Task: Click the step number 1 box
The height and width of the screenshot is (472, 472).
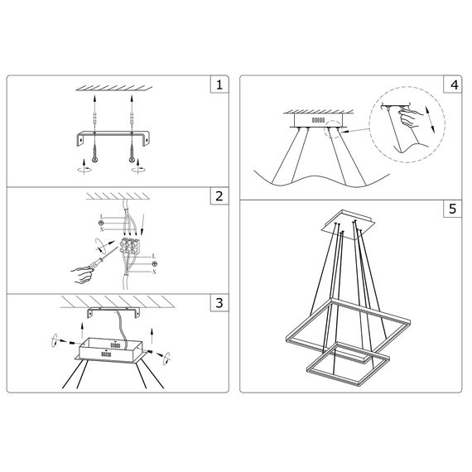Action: click(x=219, y=84)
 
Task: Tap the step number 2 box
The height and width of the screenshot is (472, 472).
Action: click(x=219, y=196)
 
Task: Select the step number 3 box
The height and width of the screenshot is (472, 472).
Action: click(x=219, y=302)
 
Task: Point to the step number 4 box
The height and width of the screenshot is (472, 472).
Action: click(x=452, y=84)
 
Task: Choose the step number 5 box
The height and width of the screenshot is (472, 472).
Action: click(x=452, y=209)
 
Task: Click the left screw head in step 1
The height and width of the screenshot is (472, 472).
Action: click(x=95, y=160)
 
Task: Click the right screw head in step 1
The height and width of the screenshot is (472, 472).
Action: click(x=132, y=160)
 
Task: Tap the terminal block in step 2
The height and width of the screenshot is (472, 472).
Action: click(x=129, y=246)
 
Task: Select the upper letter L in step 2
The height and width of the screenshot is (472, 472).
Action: click(x=102, y=217)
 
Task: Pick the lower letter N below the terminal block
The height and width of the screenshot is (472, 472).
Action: click(x=154, y=272)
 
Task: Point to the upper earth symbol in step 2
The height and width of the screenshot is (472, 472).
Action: click(x=102, y=223)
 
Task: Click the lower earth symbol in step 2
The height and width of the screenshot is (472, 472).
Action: click(x=154, y=264)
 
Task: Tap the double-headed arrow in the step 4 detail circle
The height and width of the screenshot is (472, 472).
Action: click(x=430, y=119)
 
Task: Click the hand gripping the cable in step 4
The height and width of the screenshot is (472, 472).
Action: click(x=409, y=118)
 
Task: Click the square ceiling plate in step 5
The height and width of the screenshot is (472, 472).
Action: click(x=348, y=225)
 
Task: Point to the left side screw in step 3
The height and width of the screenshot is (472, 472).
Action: click(x=72, y=342)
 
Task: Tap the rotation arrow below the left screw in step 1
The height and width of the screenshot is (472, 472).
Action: click(x=84, y=169)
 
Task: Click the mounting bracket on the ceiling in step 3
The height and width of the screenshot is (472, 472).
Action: click(x=113, y=312)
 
